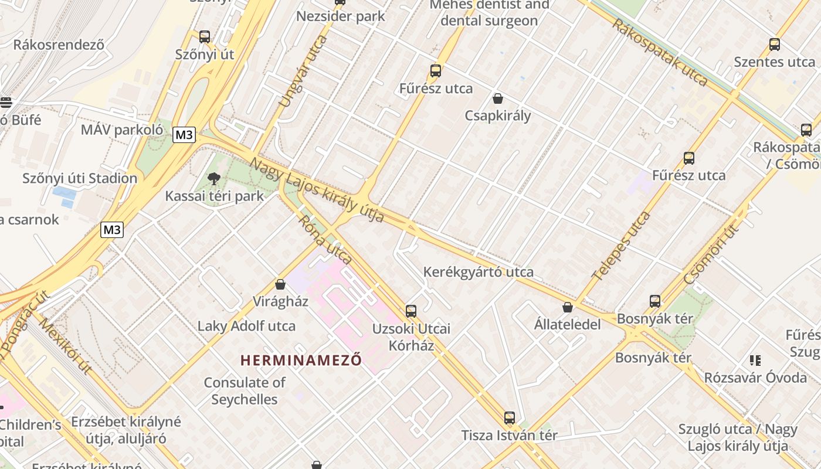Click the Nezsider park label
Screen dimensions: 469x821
(340, 16)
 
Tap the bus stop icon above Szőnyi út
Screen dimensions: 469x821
(205, 36)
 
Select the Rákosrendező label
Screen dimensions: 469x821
(59, 45)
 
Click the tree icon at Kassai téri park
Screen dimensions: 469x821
(214, 178)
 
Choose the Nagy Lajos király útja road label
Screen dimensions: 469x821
(317, 190)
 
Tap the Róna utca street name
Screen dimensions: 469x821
(325, 240)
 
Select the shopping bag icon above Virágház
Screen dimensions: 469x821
(280, 284)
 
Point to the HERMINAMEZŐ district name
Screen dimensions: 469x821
(301, 360)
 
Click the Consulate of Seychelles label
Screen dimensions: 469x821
(245, 391)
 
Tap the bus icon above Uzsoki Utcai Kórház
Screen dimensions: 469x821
(411, 311)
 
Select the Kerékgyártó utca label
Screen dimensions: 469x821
(479, 272)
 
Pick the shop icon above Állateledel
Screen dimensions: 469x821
(568, 307)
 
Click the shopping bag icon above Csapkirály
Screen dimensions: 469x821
(498, 98)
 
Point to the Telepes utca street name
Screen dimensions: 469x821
(621, 246)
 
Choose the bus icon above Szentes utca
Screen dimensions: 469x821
(775, 44)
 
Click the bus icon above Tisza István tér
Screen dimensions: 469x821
(510, 418)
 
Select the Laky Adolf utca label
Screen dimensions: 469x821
(246, 326)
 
